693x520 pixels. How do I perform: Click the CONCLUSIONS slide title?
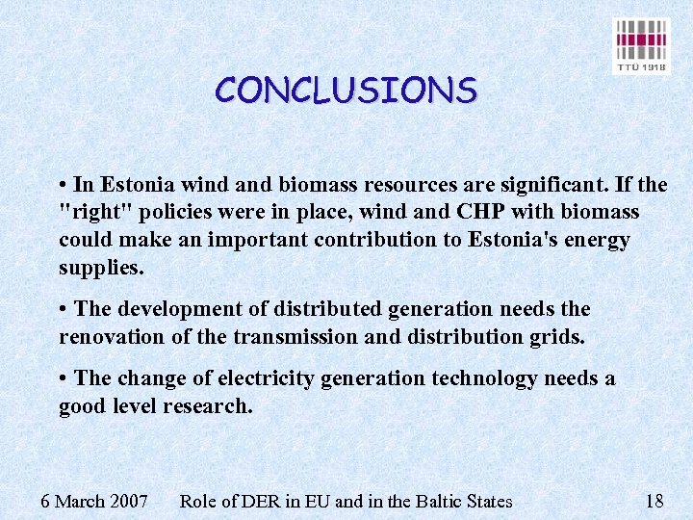coord(346,91)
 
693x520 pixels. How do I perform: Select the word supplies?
coord(101,268)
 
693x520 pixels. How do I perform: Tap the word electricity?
coord(264,378)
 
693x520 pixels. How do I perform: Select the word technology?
coord(478,378)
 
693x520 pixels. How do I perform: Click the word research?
coord(208,406)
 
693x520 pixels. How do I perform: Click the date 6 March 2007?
coord(93,501)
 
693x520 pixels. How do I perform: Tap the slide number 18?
coord(654,501)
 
